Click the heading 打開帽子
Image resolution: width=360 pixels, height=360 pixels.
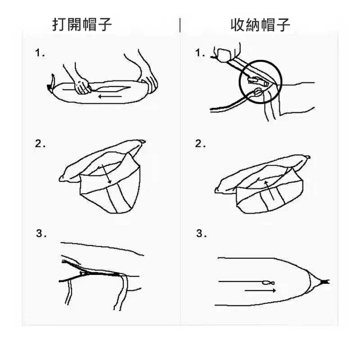tap(82, 25)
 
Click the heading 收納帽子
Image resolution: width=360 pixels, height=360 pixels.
tap(260, 25)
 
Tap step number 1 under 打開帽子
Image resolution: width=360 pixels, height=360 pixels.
tap(40, 54)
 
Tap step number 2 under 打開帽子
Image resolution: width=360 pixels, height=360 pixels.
tap(40, 144)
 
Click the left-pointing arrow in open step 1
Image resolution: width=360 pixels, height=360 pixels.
tap(110, 96)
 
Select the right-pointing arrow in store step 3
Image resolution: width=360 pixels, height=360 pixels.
tap(260, 290)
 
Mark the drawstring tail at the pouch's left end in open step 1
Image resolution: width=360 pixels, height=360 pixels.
tap(52, 83)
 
